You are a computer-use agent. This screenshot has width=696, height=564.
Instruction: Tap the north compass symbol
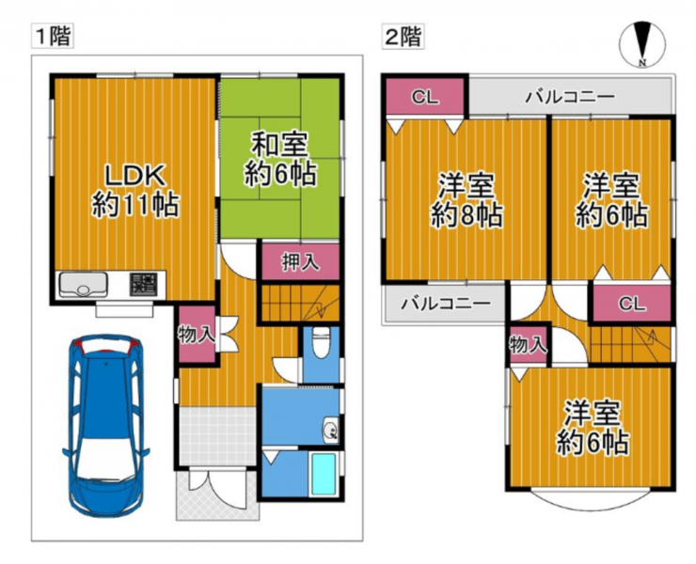coord(641,44)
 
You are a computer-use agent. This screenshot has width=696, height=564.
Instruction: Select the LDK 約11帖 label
coord(135,190)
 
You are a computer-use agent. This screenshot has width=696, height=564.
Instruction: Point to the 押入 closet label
coord(301,262)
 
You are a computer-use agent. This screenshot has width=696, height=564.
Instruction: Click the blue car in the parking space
coord(105,425)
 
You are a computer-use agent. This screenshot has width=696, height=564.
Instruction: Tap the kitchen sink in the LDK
coord(84,285)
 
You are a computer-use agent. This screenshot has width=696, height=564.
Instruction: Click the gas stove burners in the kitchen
coord(143,285)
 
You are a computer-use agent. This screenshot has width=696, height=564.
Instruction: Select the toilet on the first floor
coord(321,342)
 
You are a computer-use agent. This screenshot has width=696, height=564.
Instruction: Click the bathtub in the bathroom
coord(324,474)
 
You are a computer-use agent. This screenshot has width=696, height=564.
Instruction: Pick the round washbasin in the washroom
coord(331,430)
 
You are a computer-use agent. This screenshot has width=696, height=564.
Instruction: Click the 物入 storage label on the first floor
coord(197,334)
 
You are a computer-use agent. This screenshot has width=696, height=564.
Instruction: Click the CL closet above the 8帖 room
coord(424,97)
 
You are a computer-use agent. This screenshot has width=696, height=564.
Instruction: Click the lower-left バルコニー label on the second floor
coord(446,304)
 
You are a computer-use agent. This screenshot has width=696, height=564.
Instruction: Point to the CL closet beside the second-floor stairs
coord(632,304)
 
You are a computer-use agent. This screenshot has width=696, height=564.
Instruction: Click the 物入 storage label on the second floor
coord(529,345)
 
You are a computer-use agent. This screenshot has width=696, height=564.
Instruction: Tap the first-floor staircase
coord(301,303)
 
